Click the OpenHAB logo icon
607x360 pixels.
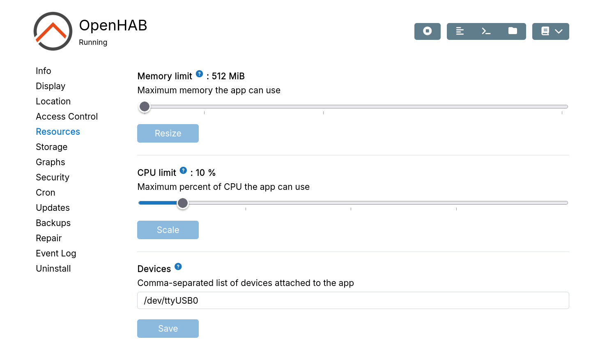point(53,31)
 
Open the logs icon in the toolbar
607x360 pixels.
point(460,31)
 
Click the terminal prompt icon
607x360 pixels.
point(486,31)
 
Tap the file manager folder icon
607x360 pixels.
point(513,31)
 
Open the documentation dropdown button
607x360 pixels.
point(550,31)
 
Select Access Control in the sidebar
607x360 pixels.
point(67,117)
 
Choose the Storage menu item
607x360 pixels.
point(51,147)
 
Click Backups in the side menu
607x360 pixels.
point(53,223)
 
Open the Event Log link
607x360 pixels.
point(56,254)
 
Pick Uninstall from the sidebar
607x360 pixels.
point(53,269)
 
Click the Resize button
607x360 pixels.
point(168,134)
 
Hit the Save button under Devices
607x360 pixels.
point(168,329)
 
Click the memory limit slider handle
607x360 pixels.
point(145,107)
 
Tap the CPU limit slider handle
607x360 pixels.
point(183,203)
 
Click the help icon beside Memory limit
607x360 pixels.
point(199,74)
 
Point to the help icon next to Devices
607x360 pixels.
point(178,267)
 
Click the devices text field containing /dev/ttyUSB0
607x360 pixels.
point(353,300)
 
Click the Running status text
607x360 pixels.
point(93,42)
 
